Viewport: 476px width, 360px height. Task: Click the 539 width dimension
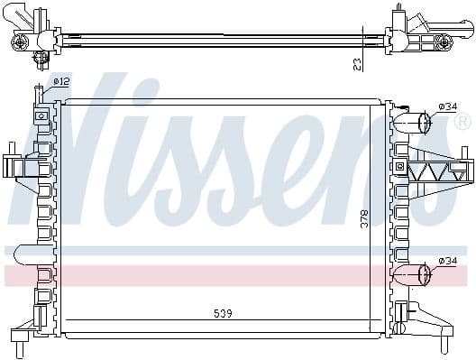223,314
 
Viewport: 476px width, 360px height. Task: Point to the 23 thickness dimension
358,63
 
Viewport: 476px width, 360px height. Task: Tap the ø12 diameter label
62,82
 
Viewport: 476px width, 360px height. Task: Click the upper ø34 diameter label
447,107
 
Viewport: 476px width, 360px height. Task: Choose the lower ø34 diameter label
447,261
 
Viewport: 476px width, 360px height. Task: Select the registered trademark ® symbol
462,122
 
